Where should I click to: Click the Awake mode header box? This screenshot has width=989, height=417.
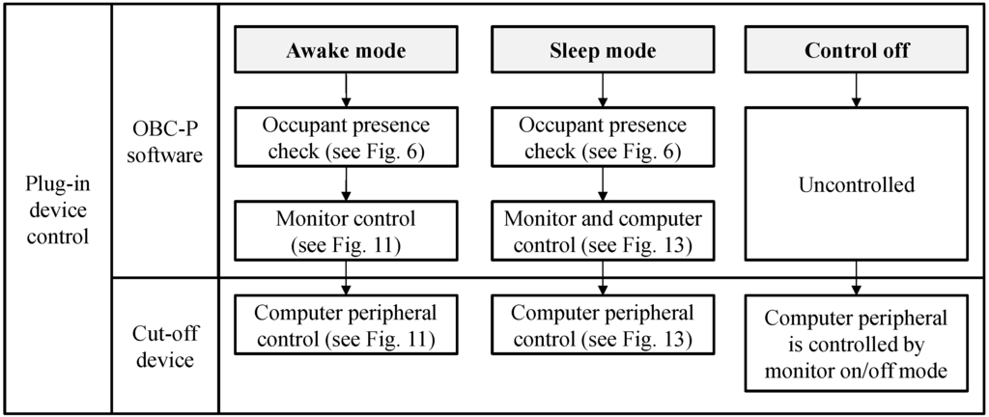(x=346, y=51)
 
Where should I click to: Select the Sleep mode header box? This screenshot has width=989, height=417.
(x=602, y=51)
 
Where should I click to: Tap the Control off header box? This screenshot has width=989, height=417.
(x=857, y=51)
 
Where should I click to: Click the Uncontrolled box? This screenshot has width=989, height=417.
(x=857, y=184)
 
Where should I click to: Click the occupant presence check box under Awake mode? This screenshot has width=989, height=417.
(x=346, y=139)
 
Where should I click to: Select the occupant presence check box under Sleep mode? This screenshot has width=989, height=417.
(x=602, y=139)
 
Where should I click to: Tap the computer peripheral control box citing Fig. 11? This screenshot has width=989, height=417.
(x=346, y=325)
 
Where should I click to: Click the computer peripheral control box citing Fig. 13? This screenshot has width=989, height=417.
(x=602, y=325)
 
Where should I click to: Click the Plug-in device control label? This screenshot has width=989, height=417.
(x=57, y=208)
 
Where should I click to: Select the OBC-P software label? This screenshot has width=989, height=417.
(x=166, y=140)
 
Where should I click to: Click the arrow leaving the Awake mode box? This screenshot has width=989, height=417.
(x=346, y=90)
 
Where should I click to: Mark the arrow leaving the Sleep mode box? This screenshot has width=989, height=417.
(x=602, y=90)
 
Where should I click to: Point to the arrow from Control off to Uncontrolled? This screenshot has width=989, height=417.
(x=857, y=90)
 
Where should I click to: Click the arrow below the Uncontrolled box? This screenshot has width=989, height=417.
(x=857, y=280)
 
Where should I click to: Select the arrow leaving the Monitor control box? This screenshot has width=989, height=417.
(x=346, y=280)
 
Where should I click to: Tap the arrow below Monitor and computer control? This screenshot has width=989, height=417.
(x=602, y=280)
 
